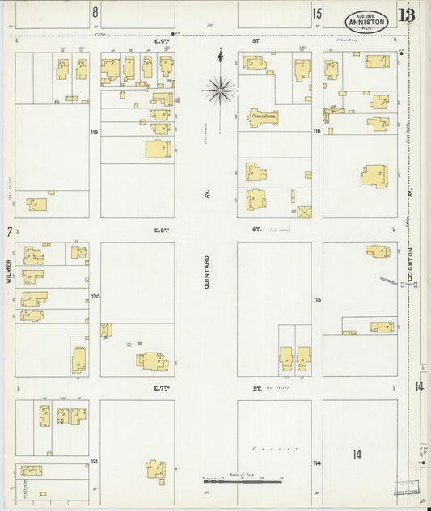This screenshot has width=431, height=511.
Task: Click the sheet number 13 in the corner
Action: tap(407, 15)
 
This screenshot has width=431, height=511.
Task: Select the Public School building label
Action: tap(264, 116)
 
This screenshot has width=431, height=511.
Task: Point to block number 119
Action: tap(95, 132)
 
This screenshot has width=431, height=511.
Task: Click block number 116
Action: tap(317, 131)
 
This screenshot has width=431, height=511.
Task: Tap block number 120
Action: tap(95, 297)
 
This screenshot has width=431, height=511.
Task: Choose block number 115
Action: tap(317, 299)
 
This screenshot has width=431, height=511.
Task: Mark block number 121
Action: tap(95, 461)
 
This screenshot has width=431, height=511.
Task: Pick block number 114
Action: tap(317, 462)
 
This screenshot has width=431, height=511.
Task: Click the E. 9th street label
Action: tap(162, 38)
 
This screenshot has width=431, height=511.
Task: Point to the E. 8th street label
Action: tap(162, 230)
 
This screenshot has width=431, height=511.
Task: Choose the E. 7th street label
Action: tap(162, 389)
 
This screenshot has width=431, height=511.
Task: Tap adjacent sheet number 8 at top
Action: tap(95, 12)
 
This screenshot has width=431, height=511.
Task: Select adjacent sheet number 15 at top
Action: tap(317, 12)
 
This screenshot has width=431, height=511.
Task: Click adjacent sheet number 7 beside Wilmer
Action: tap(10, 232)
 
